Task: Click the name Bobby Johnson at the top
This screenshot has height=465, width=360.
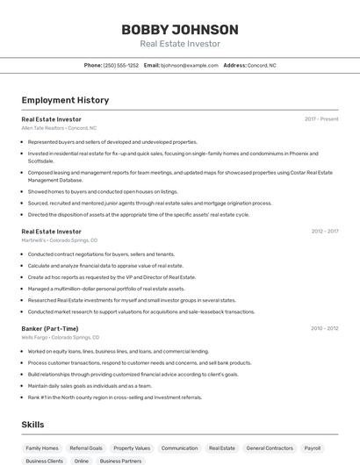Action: pos(179,29)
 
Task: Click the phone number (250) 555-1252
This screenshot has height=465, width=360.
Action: pos(120,65)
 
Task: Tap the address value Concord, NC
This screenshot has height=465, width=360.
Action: pos(262,65)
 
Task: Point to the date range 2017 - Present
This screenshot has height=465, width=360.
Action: pos(321,118)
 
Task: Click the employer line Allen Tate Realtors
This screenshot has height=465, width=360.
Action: pos(59,128)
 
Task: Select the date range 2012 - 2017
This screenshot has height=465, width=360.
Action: pos(324,232)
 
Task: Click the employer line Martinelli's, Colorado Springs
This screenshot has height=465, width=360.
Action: pos(59,240)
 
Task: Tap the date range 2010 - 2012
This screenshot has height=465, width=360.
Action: pos(324,328)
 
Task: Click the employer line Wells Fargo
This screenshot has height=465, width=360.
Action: pos(60,337)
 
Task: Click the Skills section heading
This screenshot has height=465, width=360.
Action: pos(32,425)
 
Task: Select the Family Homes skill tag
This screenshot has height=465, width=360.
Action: pos(42,447)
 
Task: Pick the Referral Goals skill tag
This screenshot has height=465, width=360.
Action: pos(86,447)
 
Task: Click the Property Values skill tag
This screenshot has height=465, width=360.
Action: pos(132,447)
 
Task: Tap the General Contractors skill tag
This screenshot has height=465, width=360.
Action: pos(270,447)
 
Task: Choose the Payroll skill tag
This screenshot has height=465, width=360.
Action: pos(313,447)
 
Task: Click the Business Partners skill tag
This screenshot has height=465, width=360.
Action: pos(120,461)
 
